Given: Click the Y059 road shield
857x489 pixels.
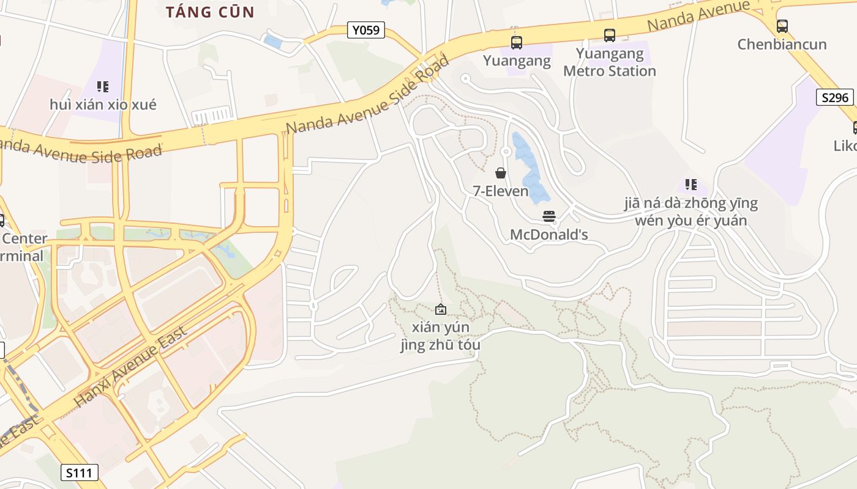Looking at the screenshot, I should (x=366, y=30).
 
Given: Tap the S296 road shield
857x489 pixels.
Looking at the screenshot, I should (x=835, y=97).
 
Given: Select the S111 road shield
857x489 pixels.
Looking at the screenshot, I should (x=80, y=472).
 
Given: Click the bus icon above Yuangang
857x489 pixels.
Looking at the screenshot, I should (x=517, y=43).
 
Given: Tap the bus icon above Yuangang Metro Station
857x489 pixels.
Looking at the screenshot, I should (x=610, y=35).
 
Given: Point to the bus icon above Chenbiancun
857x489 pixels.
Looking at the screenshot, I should (x=782, y=26).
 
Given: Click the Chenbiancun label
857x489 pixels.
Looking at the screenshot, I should (x=782, y=45).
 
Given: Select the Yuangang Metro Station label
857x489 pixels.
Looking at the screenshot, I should (x=610, y=62).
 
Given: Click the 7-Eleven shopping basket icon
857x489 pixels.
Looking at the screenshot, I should (x=501, y=173).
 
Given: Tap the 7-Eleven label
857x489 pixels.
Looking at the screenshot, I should (x=501, y=191).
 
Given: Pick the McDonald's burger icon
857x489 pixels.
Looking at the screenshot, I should (x=549, y=216).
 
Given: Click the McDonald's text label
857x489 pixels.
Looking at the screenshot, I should (x=549, y=235).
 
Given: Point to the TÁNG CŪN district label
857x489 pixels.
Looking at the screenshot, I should (x=211, y=12).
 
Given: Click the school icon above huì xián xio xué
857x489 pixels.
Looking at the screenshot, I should (x=103, y=87).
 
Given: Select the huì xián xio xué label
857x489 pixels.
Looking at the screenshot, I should (x=103, y=105).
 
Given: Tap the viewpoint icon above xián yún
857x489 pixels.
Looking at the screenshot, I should (x=440, y=310).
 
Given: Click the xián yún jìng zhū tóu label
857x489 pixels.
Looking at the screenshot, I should (x=440, y=336).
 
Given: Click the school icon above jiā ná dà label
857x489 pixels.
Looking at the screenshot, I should (x=691, y=185).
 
